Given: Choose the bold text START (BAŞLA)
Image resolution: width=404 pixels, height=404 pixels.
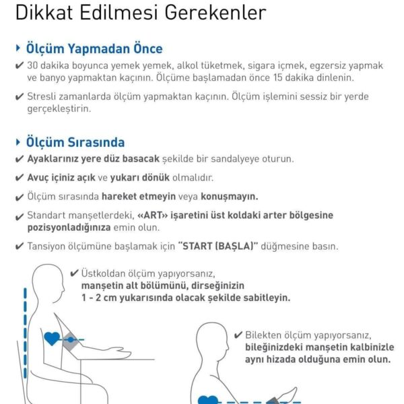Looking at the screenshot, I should (218, 246).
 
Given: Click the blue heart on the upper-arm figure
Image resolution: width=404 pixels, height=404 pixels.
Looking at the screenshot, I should (52, 339).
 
